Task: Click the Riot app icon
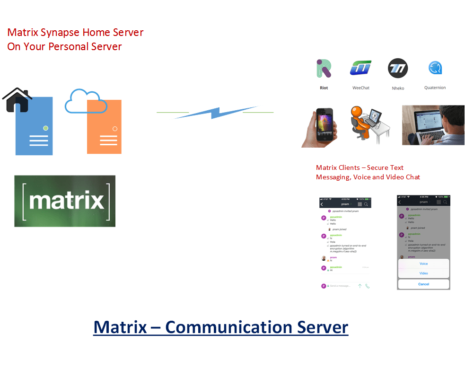[x=324, y=69]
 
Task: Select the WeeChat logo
[x=360, y=69]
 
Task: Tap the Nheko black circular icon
[x=398, y=69]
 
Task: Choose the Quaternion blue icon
[x=435, y=69]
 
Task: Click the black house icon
[x=17, y=99]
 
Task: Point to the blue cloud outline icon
[x=83, y=101]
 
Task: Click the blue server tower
[x=34, y=127]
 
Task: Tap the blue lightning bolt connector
[x=215, y=113]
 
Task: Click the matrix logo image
[x=65, y=201]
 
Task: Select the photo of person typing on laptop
[x=433, y=125]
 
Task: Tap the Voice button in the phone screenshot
[x=423, y=264]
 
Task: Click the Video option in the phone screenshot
[x=423, y=273]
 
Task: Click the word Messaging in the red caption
[x=334, y=177]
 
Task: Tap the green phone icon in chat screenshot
[x=368, y=286]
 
